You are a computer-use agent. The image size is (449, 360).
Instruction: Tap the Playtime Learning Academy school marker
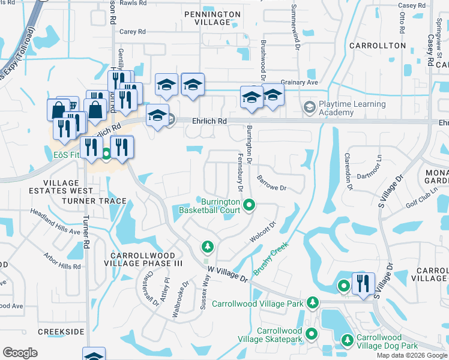(x=309, y=107)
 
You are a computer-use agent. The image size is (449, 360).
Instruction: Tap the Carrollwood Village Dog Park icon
(x=347, y=340)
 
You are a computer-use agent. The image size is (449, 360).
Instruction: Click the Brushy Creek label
(x=271, y=259)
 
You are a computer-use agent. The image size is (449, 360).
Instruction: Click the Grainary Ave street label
(x=300, y=83)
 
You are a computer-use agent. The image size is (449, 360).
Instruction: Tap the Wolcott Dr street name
(x=262, y=233)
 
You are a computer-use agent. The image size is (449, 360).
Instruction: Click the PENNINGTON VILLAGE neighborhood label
(x=207, y=18)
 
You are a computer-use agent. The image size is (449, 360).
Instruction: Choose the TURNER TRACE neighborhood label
(x=98, y=201)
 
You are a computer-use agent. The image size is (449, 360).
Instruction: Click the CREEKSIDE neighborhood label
(x=61, y=331)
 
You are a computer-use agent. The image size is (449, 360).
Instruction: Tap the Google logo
(x=20, y=353)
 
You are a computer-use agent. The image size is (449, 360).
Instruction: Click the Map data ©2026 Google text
(x=412, y=355)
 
